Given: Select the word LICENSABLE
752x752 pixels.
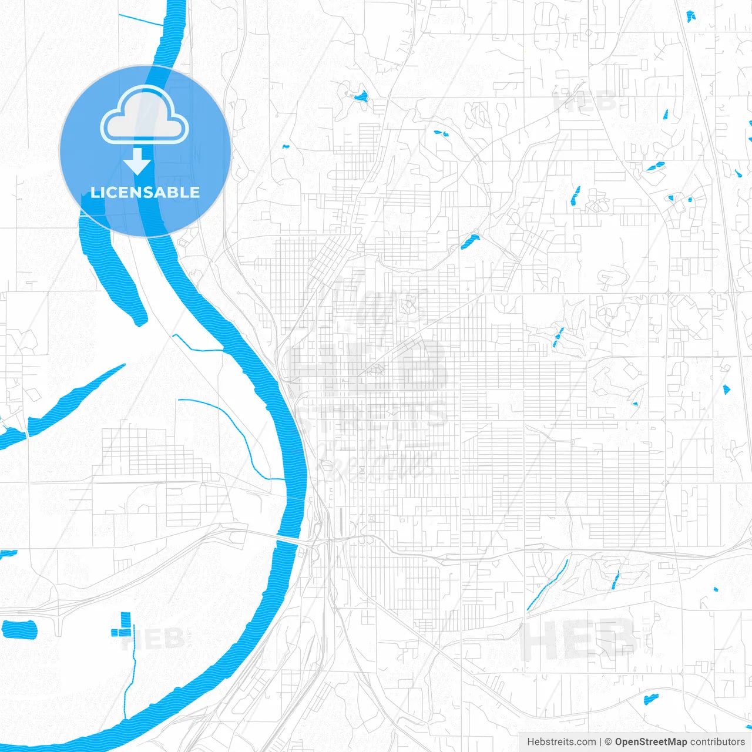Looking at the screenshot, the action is tap(145, 192).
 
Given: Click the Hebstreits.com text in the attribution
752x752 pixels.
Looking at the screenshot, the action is tap(561, 742).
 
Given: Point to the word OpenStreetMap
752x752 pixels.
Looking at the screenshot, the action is tap(650, 742).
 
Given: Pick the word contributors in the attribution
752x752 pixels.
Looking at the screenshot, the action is tap(717, 742).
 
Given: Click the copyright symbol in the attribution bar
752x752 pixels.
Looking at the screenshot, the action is tap(609, 742).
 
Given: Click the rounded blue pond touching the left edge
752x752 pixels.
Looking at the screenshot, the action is tap(19, 629).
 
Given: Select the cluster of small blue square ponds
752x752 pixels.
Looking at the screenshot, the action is tap(122, 625).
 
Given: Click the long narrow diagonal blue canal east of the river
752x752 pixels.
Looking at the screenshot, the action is tap(548, 585).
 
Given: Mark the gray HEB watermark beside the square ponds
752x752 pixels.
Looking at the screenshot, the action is tap(154, 639).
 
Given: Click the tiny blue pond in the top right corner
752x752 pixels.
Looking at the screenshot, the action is tap(691, 16).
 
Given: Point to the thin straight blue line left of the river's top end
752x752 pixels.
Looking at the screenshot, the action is tap(141, 20).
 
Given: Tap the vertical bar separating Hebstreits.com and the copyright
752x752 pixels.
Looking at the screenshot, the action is tap(600, 742).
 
